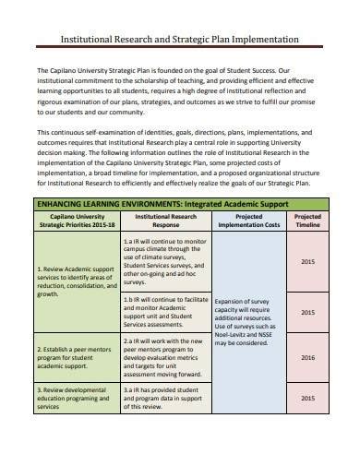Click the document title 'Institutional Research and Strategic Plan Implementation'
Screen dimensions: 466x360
[179, 41]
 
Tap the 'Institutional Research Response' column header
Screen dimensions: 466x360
[165, 221]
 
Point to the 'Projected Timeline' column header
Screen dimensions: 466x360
[307, 221]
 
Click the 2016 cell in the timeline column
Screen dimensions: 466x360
[307, 383]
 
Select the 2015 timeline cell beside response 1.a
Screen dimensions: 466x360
[307, 261]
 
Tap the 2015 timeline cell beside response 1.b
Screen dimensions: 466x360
[307, 315]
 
